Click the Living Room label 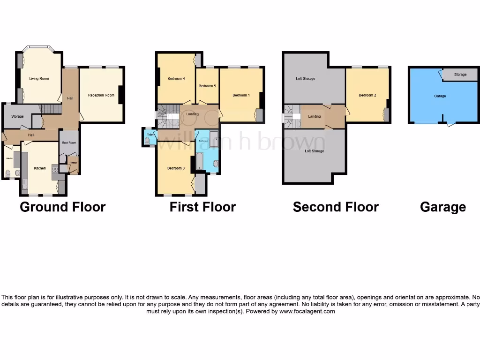[39, 79]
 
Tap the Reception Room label [101, 95]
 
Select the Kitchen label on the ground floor [39, 168]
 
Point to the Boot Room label [69, 142]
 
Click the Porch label [73, 163]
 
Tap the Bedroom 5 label [207, 86]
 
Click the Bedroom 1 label [241, 95]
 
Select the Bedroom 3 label [176, 168]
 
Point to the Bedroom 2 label [367, 95]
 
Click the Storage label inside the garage [460, 75]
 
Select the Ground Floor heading [62, 207]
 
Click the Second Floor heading [336, 207]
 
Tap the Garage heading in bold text [442, 207]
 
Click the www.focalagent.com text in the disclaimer [307, 311]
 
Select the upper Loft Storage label [305, 79]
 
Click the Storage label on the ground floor [17, 116]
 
